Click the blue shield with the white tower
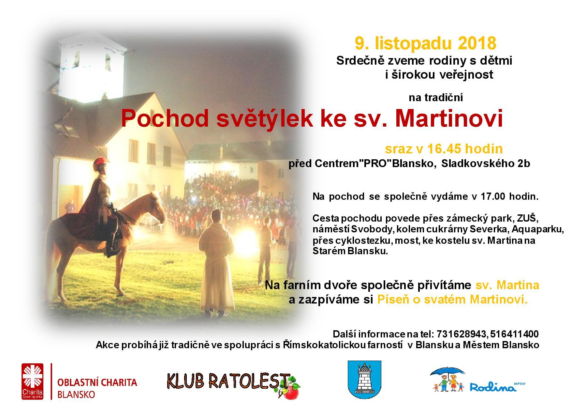click(364, 379)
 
